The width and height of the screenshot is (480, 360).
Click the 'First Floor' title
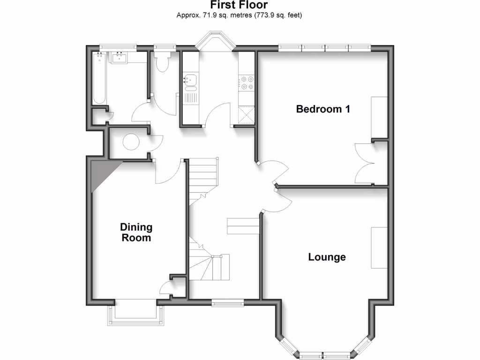click(x=239, y=5)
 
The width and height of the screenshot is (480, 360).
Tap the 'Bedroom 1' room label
click(x=323, y=109)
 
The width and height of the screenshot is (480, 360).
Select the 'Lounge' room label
click(x=327, y=257)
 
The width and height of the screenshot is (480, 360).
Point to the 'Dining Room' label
click(x=136, y=232)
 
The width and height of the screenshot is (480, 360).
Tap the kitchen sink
click(x=190, y=81)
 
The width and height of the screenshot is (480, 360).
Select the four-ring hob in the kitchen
click(x=247, y=83)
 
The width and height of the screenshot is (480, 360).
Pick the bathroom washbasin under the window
click(x=118, y=58)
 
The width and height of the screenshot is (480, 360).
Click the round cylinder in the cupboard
click(x=129, y=142)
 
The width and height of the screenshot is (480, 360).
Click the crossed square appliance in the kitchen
click(x=247, y=114)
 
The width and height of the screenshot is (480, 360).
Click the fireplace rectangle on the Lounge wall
click(x=380, y=247)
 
